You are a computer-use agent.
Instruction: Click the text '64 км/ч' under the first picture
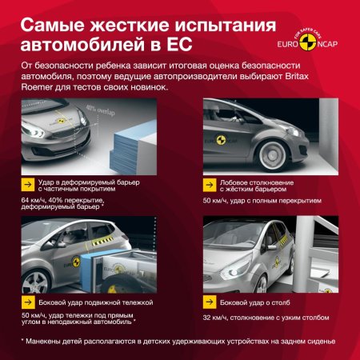point(34,199)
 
